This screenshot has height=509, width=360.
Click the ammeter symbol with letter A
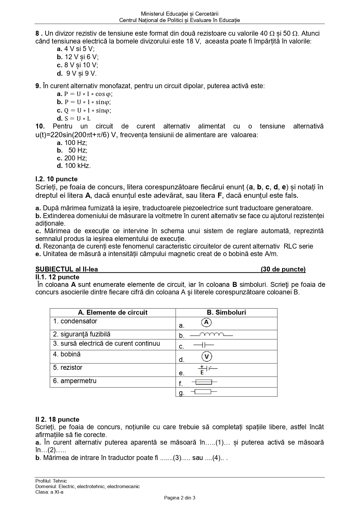click(206, 322)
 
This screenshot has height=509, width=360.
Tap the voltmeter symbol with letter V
click(207, 356)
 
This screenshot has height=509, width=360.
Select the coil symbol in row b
click(211, 335)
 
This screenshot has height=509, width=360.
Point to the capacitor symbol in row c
click(204, 345)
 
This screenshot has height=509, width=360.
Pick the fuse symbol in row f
click(204, 382)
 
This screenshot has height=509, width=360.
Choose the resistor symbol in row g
click(203, 392)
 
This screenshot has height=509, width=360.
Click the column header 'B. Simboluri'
click(226, 312)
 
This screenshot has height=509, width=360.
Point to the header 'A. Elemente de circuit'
click(113, 312)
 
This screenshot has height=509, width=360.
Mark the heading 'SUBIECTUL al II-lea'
click(67, 269)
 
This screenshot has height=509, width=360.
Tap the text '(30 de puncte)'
click(283, 269)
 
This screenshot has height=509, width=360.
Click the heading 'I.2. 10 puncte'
click(57, 179)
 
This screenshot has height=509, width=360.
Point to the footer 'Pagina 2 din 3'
click(180, 498)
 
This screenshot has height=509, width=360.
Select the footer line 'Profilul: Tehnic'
click(51, 481)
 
